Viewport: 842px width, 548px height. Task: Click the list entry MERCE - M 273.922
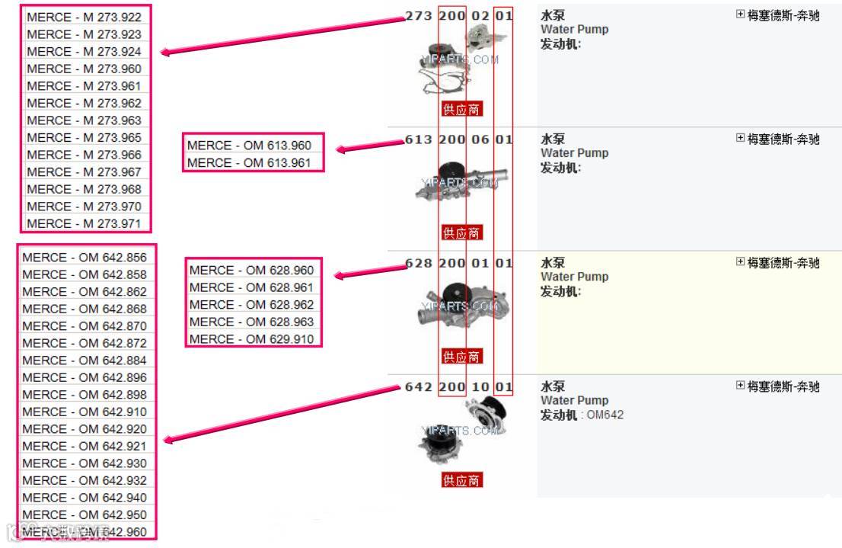click(x=84, y=17)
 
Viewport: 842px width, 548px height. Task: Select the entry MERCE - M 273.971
click(x=84, y=223)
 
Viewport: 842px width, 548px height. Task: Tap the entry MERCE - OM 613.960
click(x=249, y=145)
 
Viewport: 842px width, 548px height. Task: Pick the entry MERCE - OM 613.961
click(x=249, y=162)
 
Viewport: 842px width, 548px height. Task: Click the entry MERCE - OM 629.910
click(x=251, y=339)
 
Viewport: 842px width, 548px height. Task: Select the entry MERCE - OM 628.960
click(x=251, y=271)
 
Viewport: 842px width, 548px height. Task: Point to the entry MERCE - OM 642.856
click(x=85, y=258)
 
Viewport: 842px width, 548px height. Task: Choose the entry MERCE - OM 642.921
click(x=85, y=446)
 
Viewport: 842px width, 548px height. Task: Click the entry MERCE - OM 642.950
click(x=85, y=514)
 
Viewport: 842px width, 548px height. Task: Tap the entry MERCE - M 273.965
click(x=84, y=137)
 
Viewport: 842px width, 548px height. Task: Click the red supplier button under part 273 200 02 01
click(x=461, y=109)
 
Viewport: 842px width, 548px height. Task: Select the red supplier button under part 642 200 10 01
click(x=461, y=480)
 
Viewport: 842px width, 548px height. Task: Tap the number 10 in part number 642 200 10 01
click(x=480, y=387)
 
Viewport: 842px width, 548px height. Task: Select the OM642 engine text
click(x=606, y=415)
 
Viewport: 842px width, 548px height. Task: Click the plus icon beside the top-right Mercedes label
click(x=741, y=14)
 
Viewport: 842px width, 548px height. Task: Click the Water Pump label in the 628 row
click(x=574, y=277)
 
